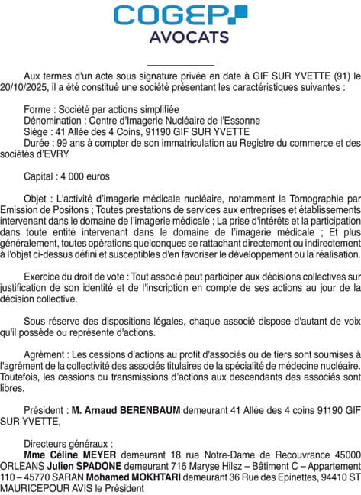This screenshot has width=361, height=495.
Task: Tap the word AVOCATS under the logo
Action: point(179,37)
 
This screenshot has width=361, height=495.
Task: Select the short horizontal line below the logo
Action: point(179,65)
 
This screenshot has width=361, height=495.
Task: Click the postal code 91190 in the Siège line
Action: point(169,131)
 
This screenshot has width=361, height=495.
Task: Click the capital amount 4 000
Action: point(76,176)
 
